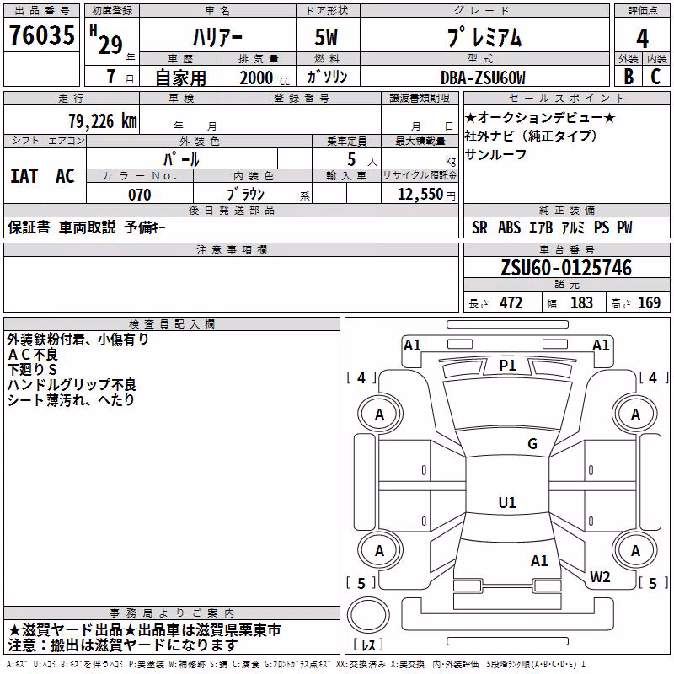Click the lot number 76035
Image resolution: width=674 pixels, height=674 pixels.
click(x=42, y=35)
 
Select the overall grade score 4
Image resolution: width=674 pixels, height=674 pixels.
click(x=642, y=38)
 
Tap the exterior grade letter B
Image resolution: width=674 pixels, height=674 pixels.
click(x=629, y=77)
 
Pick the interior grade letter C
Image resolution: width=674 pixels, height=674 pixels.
click(x=655, y=77)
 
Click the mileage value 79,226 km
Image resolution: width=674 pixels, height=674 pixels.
click(x=103, y=121)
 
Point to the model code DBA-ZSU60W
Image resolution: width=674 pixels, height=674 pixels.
click(x=483, y=78)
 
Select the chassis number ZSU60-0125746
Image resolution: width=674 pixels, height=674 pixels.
click(x=566, y=268)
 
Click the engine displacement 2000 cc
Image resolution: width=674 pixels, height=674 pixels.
click(x=265, y=78)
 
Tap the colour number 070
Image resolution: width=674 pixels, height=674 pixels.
click(x=140, y=195)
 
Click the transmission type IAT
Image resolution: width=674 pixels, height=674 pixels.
click(x=24, y=176)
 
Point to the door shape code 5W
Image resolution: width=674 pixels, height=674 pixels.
click(x=326, y=37)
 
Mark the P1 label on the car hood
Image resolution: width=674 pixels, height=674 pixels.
click(x=507, y=366)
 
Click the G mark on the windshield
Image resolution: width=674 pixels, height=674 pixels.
click(x=532, y=444)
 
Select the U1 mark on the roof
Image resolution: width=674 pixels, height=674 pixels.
click(x=507, y=502)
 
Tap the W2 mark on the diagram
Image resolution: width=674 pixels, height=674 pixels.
click(x=600, y=577)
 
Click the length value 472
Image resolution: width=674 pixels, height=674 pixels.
click(x=511, y=303)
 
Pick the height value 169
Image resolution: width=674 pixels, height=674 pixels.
click(x=649, y=303)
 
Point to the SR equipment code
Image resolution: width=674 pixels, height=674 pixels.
click(x=479, y=227)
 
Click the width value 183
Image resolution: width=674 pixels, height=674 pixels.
click(x=581, y=303)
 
